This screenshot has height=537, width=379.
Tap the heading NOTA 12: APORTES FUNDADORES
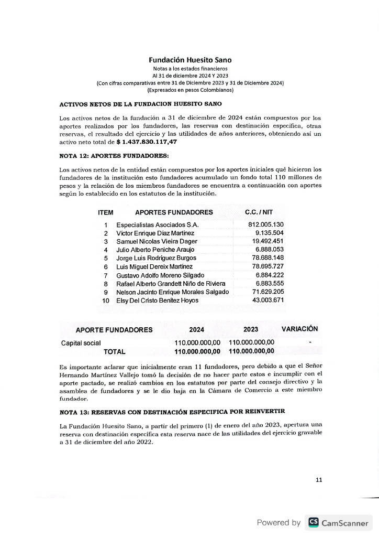point(114,156)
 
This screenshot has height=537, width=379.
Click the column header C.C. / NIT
point(259,212)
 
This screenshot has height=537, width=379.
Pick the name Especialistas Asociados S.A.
point(158,224)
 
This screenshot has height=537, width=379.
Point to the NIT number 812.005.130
point(266,224)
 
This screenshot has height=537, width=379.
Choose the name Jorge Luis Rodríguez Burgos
point(157,258)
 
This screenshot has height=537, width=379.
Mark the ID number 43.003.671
point(268,300)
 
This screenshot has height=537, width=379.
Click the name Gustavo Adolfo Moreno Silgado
point(160,275)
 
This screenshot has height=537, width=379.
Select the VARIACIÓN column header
point(299,329)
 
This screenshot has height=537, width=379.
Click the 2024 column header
point(196,330)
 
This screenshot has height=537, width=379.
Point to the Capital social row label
point(81,343)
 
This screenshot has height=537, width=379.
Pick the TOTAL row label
point(115,351)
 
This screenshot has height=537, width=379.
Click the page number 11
point(319,479)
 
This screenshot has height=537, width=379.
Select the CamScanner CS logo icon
point(313,522)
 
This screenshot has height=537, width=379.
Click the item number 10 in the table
point(106,300)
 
